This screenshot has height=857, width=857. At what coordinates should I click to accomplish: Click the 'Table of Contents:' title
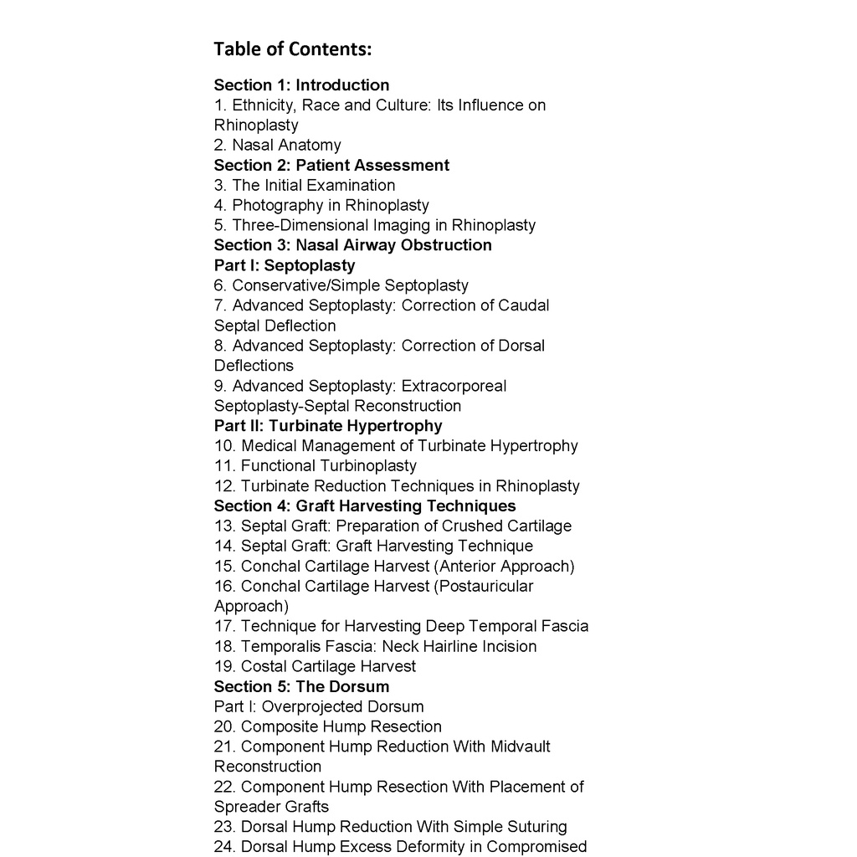point(292,49)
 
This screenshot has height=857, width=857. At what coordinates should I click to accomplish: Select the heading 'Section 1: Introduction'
point(301,85)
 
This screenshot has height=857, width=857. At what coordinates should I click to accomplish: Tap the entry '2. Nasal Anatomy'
point(277,146)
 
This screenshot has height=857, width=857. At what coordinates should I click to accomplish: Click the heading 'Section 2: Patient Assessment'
point(331,166)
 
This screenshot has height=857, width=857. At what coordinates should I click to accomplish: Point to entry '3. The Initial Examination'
point(305,186)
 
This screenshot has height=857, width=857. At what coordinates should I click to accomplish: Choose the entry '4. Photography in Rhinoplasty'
point(321,206)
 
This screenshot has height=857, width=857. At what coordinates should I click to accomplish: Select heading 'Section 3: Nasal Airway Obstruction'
point(352,245)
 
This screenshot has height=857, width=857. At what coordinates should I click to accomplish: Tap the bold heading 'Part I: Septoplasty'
point(285,265)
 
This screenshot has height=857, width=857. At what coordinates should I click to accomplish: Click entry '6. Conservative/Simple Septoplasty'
point(341,285)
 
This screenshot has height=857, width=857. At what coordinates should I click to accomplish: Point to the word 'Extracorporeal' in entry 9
point(454,386)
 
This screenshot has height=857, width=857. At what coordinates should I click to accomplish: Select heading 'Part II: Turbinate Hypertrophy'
point(328,426)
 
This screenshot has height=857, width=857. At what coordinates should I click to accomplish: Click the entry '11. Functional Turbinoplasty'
point(315,466)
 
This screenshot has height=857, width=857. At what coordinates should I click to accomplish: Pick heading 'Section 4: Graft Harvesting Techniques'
point(365,506)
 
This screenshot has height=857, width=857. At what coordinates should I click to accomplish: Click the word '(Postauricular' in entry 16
point(483,587)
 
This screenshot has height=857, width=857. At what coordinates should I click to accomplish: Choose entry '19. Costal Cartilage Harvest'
point(315,667)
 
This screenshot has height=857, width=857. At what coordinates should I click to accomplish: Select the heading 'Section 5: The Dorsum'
point(301,687)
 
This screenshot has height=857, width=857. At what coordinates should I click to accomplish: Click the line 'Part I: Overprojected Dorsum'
point(319,707)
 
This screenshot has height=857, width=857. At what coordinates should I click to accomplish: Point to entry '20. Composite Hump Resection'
point(327,727)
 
